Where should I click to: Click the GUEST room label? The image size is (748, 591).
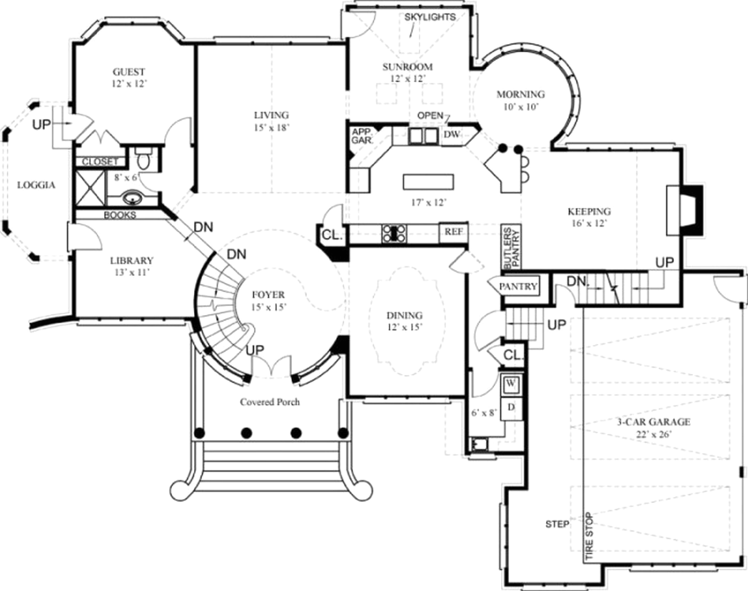129,72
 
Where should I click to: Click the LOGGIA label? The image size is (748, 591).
36,185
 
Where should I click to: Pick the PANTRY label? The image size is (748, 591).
518,286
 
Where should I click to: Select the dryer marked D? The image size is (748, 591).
511,408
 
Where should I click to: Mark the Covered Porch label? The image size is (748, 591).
270,402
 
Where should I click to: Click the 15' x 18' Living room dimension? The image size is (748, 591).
272,128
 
